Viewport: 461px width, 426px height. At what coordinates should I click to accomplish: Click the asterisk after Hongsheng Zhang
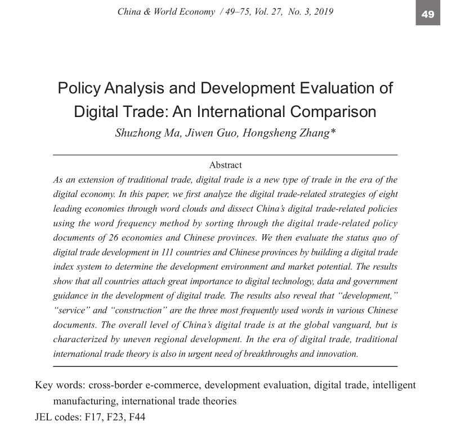point(333,132)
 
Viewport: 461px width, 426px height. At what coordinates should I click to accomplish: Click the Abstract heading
point(225,165)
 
